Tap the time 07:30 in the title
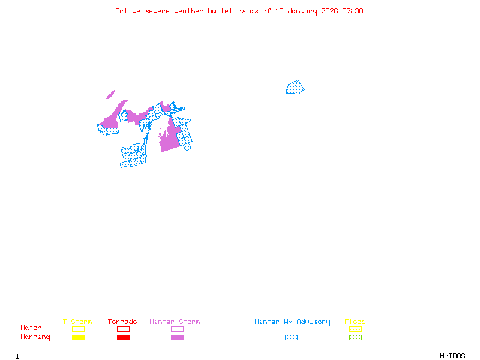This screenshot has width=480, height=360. pos(353,11)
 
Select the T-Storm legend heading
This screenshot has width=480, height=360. pos(77,322)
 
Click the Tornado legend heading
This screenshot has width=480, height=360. pos(122,322)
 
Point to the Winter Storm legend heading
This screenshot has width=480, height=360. pos(175,322)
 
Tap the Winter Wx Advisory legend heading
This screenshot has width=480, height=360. pos(292,322)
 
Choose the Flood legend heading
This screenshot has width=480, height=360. pos(355,322)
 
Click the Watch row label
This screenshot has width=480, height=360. pos(31,328)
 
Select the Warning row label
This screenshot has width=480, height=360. pos(35,337)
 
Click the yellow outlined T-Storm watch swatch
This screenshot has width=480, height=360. pos(78,329)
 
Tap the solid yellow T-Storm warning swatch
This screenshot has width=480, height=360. pos(78,337)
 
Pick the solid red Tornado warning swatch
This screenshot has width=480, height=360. pos(123,337)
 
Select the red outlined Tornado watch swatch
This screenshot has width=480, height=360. pos(123,329)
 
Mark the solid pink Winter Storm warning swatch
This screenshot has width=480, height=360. pos(177,337)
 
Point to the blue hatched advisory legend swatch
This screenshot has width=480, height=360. pos(291,337)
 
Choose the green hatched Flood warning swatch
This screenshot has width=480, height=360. pos(355,337)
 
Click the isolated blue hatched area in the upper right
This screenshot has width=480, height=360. pos(295,88)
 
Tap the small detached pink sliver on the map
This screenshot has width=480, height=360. pos(110,94)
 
